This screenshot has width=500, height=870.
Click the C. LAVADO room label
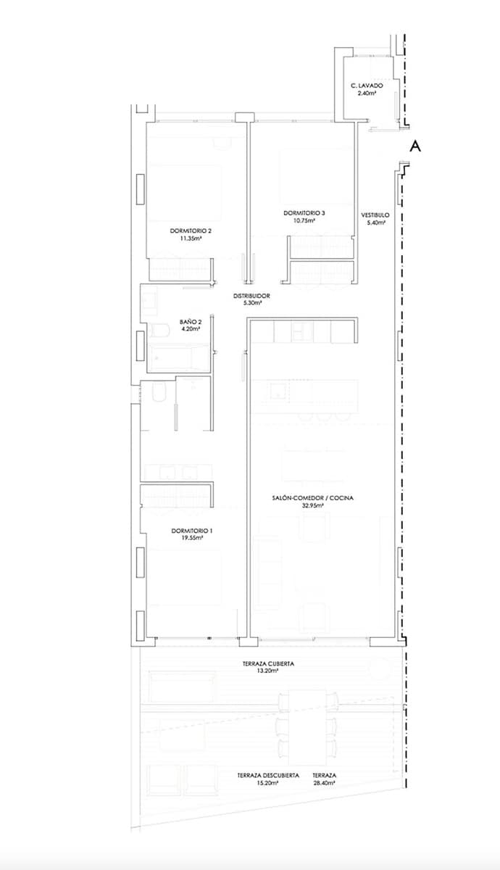point(367,86)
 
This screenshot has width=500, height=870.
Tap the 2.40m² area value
point(367,94)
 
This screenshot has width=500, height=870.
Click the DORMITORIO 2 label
point(191,231)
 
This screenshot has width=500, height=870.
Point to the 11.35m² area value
point(191,239)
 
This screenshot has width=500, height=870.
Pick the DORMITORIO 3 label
point(304,212)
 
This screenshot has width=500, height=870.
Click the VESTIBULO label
point(375,215)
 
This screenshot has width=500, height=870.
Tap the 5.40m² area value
point(375,223)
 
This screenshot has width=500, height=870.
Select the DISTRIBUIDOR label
point(251,296)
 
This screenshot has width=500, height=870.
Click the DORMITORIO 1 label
point(192,531)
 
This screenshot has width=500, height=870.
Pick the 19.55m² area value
point(192,539)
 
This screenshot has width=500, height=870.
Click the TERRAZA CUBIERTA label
point(268,663)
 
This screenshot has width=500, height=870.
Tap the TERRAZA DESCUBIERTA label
point(268,775)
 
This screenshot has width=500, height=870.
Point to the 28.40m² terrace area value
point(324,783)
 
